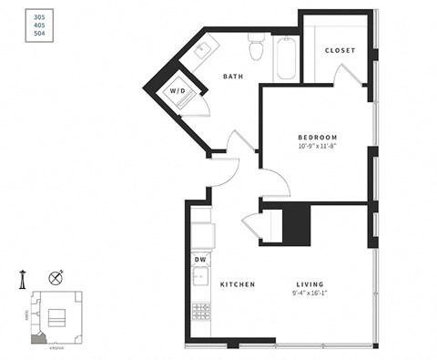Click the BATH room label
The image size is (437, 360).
[x=234, y=77]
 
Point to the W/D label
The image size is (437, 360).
[x=177, y=91]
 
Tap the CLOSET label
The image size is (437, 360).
[x=340, y=50]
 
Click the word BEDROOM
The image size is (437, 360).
[x=317, y=137]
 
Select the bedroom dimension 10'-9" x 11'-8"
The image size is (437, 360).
[x=317, y=146]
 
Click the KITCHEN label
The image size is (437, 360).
[x=237, y=284]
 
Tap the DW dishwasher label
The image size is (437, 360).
[x=200, y=260]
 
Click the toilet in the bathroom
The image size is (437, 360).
[x=257, y=47]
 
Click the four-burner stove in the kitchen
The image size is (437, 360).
[x=200, y=313]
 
